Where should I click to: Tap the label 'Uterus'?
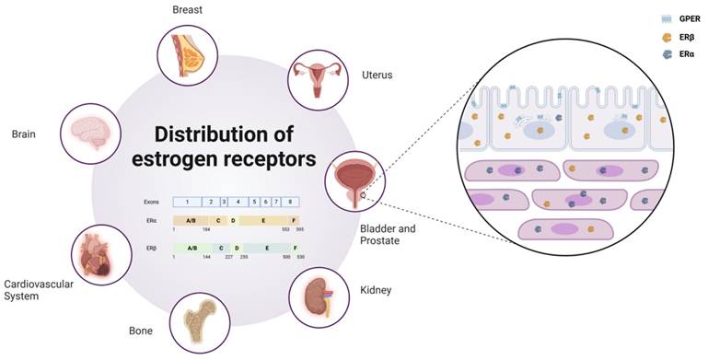pyautogui.click(x=377, y=75)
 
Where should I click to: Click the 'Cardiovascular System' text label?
pyautogui.click(x=39, y=290)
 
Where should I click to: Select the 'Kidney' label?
pyautogui.click(x=375, y=290)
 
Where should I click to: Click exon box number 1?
pyautogui.click(x=187, y=201)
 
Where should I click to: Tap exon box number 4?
pyautogui.click(x=237, y=201)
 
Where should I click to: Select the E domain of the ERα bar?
pyautogui.click(x=263, y=221)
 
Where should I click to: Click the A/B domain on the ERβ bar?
pyautogui.click(x=192, y=249)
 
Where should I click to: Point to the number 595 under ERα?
pyautogui.click(x=299, y=229)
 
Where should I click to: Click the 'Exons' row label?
pyautogui.click(x=152, y=201)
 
